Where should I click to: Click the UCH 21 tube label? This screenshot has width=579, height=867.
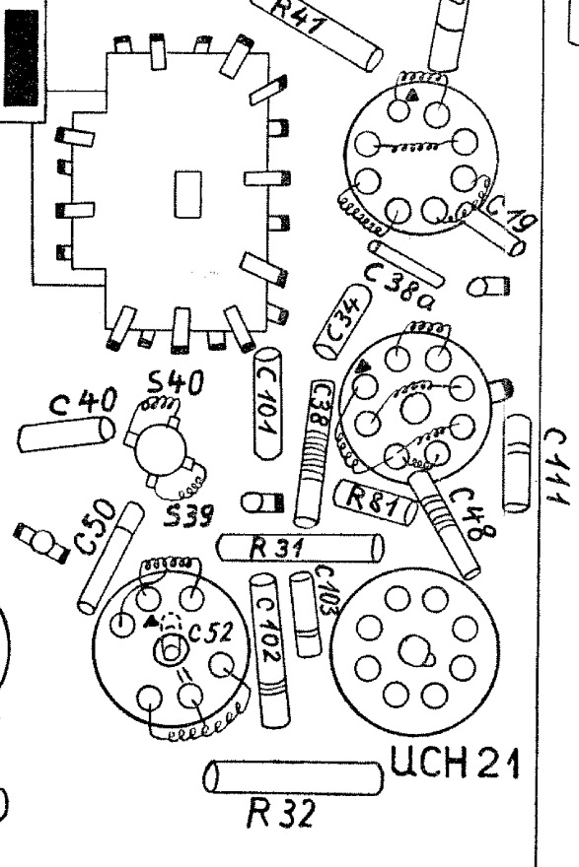click(x=455, y=763)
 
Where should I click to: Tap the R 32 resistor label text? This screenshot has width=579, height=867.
click(x=282, y=813)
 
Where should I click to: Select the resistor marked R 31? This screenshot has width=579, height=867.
click(x=300, y=548)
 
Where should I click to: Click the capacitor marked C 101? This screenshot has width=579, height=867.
click(x=268, y=404)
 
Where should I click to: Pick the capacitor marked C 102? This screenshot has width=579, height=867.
click(x=269, y=650)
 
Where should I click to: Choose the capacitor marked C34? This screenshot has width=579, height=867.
click(x=342, y=322)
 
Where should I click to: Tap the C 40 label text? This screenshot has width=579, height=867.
click(x=83, y=401)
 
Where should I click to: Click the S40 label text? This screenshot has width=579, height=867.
click(x=176, y=382)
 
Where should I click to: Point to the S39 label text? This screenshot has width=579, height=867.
click(x=188, y=516)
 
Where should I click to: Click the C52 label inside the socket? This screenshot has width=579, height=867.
click(x=211, y=632)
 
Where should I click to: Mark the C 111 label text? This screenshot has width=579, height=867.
click(x=556, y=466)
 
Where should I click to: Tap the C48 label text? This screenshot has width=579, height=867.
click(x=472, y=513)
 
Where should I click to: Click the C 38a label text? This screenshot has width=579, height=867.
click(x=400, y=287)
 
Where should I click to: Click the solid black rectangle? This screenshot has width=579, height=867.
click(x=22, y=57)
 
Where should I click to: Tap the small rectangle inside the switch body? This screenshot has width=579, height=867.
click(x=188, y=194)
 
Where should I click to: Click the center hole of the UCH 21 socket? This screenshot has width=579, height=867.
click(x=414, y=651)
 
